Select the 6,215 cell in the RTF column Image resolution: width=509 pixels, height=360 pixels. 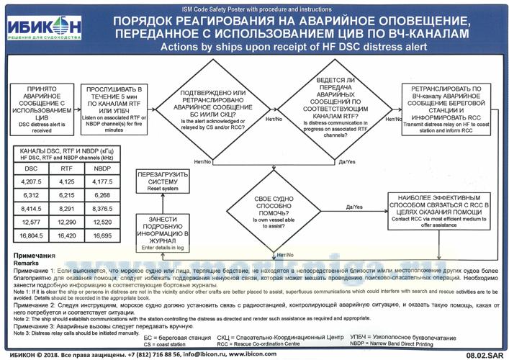[67, 195]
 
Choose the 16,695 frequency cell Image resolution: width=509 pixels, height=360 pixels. [102, 235]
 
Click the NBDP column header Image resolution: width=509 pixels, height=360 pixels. [102, 168]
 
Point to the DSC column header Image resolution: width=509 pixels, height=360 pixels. [31, 168]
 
